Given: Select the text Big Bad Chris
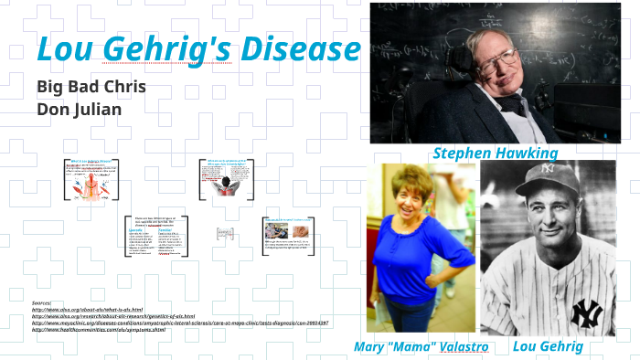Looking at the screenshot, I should [88, 88].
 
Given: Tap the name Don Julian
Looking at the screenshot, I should [78, 110].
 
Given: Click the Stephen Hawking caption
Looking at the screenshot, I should [495, 153].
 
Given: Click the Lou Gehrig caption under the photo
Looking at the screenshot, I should [548, 346].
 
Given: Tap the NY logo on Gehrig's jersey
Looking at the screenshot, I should [586, 313].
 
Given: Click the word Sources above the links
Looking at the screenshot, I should [42, 302].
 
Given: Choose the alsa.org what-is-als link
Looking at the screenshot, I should [87, 309].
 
